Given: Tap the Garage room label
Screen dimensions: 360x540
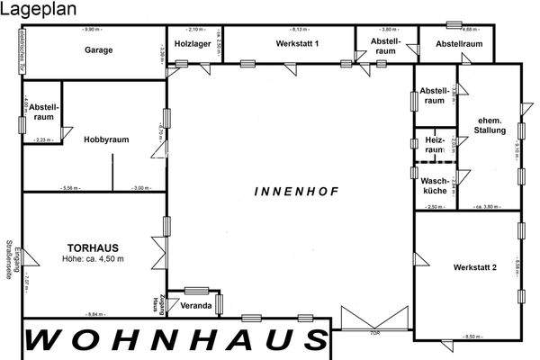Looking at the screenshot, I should (x=99, y=50).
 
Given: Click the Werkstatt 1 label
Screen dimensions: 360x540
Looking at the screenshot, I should (x=299, y=43).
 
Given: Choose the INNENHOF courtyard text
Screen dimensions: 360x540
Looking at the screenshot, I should (x=288, y=192).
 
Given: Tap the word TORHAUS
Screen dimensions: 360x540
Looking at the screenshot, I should (x=93, y=247).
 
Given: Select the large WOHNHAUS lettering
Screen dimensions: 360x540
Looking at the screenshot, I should (x=175, y=342).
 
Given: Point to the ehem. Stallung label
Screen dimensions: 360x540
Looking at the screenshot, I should (x=490, y=125).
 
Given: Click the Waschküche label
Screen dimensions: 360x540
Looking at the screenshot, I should (x=435, y=186).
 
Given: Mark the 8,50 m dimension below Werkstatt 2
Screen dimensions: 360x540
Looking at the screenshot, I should (x=472, y=337).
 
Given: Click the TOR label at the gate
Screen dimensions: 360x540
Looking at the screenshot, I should (x=376, y=333).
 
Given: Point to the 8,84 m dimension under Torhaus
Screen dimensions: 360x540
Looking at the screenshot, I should (x=94, y=314).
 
